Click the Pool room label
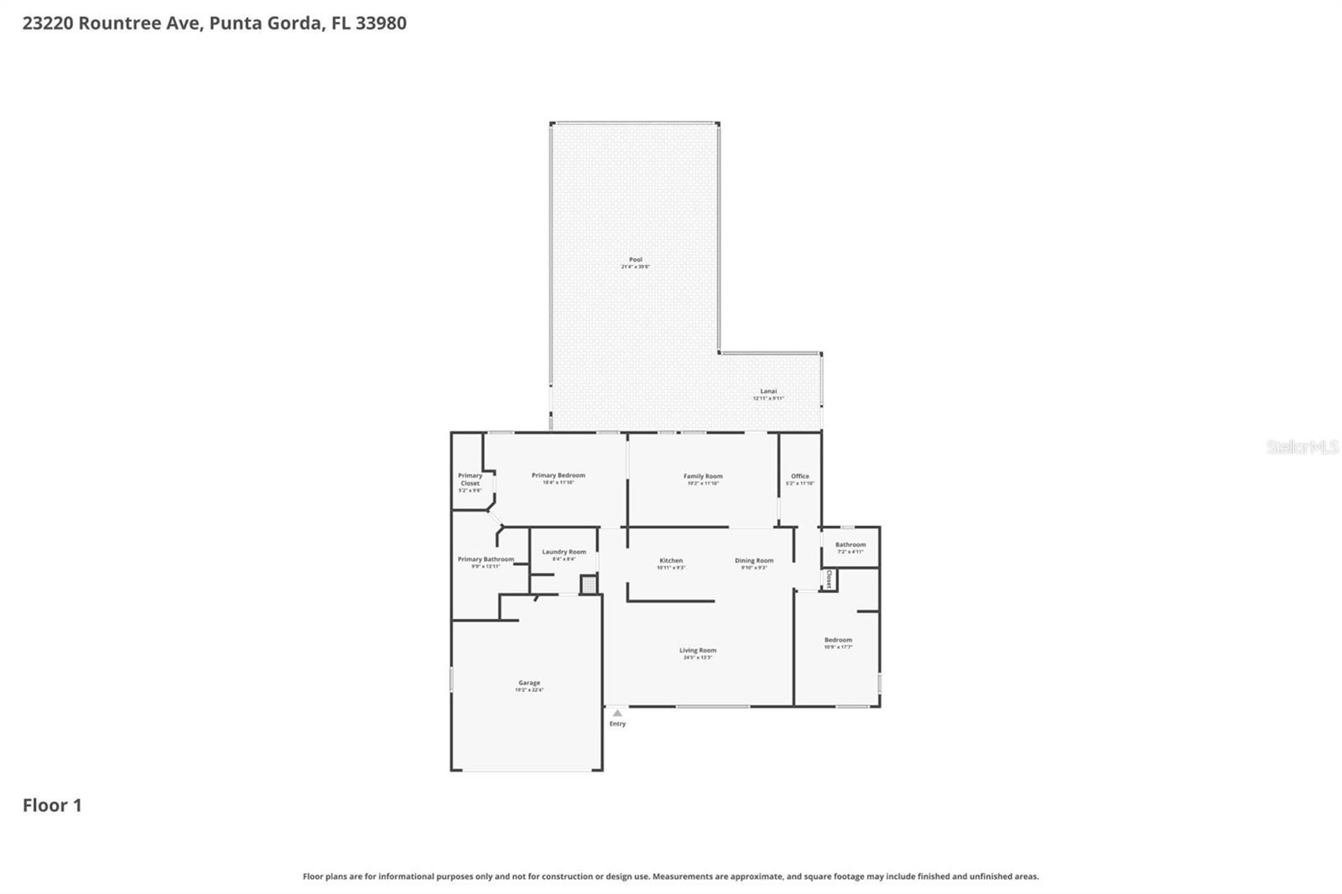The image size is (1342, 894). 635,260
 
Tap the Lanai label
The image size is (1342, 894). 768,392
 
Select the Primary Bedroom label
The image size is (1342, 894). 558,476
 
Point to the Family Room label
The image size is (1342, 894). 702,476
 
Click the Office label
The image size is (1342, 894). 799,476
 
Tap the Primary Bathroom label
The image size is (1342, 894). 486,559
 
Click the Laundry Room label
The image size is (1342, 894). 564,552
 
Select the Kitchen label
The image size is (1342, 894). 671,561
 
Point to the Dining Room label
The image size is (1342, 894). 754,561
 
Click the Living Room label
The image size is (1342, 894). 698,651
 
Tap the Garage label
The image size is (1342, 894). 529,683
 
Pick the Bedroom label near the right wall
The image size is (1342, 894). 838,641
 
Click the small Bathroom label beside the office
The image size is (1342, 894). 850,545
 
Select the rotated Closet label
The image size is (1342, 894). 829,580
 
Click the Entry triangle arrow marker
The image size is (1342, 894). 617,714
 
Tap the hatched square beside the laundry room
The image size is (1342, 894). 590,584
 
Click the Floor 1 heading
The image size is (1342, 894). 52,806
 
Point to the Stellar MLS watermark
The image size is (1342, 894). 1302,447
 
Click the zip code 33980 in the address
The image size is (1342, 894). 381,23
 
